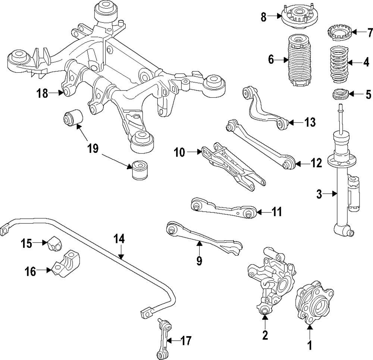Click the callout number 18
click(42, 93)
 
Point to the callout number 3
click(319, 194)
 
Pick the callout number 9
click(199, 260)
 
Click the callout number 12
click(316, 164)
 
